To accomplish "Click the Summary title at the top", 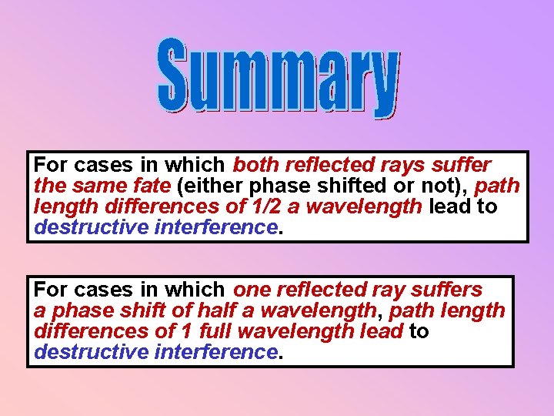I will (279, 78).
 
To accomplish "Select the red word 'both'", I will (256, 165).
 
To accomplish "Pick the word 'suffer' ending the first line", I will (463, 165).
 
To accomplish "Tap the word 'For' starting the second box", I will (51, 290).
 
